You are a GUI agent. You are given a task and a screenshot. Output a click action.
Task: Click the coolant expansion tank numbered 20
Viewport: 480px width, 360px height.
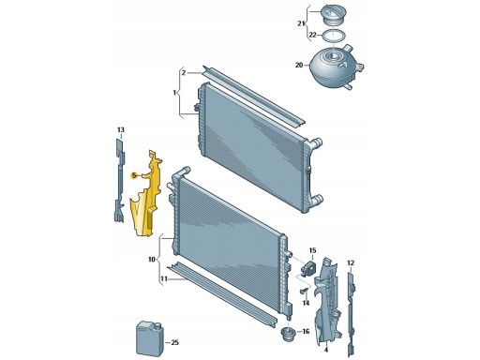pyautogui.click(x=335, y=67)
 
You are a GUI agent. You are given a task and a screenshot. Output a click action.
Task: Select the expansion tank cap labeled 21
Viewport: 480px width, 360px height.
pyautogui.click(x=334, y=16)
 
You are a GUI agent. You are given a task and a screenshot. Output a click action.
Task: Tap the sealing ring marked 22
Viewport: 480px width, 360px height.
pyautogui.click(x=334, y=35)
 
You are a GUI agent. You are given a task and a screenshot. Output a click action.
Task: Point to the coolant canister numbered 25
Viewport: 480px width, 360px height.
pyautogui.click(x=148, y=338)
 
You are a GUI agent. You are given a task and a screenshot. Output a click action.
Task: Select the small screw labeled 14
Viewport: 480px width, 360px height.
pyautogui.click(x=304, y=292)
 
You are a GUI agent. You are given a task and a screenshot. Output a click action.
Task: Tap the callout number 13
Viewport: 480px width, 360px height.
pyautogui.click(x=121, y=129)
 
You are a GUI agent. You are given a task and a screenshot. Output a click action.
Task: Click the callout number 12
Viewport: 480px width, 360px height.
pyautogui.click(x=351, y=263)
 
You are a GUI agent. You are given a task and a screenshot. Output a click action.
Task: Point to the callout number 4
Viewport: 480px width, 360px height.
pyautogui.click(x=326, y=350)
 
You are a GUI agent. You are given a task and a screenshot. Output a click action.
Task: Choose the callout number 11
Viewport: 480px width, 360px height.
pyautogui.click(x=164, y=278)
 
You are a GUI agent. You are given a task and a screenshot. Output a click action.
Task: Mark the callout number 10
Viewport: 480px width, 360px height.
pyautogui.click(x=152, y=260)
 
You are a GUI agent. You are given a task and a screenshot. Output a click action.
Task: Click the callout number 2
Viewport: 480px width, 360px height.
pyautogui.click(x=184, y=73)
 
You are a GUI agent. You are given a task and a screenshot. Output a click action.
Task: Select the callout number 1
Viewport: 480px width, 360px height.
pyautogui.click(x=174, y=93)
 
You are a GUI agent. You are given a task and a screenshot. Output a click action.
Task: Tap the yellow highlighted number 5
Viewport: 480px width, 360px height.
pyautogui.click(x=134, y=175)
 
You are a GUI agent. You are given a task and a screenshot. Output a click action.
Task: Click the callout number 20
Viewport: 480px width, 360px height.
pyautogui.click(x=299, y=66)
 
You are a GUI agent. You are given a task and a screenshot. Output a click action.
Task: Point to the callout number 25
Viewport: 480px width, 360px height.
pyautogui.click(x=175, y=343)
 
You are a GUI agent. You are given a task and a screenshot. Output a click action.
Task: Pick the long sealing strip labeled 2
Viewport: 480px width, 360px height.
pyautogui.click(x=254, y=96)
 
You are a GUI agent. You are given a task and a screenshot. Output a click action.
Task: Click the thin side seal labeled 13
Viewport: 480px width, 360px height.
pyautogui.click(x=119, y=181)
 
